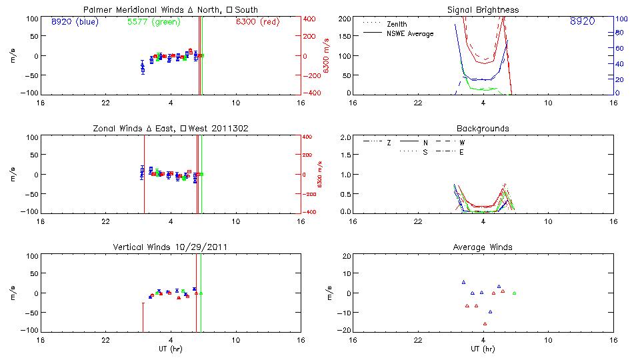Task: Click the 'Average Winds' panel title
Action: pyautogui.click(x=483, y=247)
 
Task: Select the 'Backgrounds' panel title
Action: pyautogui.click(x=483, y=129)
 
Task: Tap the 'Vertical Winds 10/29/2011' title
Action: pyautogui.click(x=171, y=247)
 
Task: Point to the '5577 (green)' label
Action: pyautogui.click(x=153, y=21)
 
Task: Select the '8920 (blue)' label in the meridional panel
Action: pyautogui.click(x=74, y=21)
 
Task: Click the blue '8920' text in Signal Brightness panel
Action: pyautogui.click(x=582, y=22)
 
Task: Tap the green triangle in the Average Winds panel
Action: pyautogui.click(x=514, y=293)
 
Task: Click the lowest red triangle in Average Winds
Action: pyautogui.click(x=485, y=323)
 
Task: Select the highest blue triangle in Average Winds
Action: pyautogui.click(x=463, y=282)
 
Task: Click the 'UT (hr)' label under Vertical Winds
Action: pyautogui.click(x=171, y=348)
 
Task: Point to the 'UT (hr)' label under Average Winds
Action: pyautogui.click(x=483, y=348)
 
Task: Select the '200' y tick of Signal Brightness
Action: pyautogui.click(x=344, y=19)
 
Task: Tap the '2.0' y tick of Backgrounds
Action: pyautogui.click(x=345, y=137)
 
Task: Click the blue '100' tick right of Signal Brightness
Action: pyautogui.click(x=620, y=19)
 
